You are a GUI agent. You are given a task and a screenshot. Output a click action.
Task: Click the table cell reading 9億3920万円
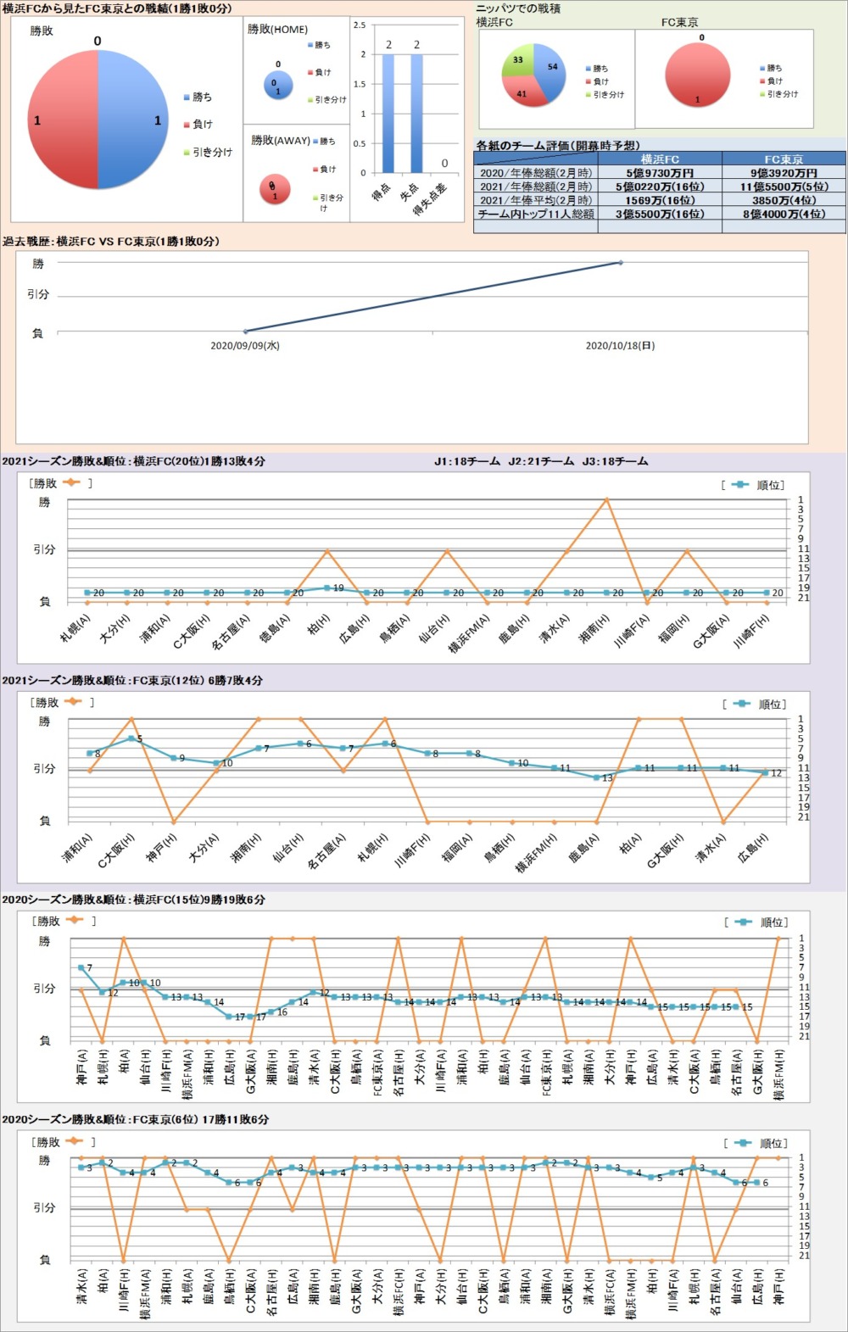tap(784, 173)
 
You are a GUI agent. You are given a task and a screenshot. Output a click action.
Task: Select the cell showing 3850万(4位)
tap(784, 200)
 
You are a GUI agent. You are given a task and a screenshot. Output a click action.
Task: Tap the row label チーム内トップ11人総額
tap(536, 215)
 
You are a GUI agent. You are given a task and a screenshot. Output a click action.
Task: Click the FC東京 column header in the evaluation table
tap(784, 159)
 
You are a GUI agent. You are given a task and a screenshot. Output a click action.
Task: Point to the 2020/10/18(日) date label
tap(620, 346)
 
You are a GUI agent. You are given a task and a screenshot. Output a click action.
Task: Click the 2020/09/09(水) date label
tap(245, 346)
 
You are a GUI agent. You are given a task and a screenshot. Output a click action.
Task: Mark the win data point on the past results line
tap(621, 263)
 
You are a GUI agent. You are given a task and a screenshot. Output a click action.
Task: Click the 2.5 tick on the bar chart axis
tap(360, 25)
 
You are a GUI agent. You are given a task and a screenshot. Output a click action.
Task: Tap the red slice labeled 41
tap(521, 93)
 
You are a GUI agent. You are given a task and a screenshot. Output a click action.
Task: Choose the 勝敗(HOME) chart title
tap(277, 30)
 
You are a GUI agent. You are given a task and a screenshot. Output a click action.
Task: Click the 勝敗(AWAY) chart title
tap(280, 141)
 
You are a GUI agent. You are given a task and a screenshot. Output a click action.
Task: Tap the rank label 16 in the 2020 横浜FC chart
tap(282, 1012)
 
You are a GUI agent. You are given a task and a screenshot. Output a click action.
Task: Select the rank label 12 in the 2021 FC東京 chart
tap(776, 773)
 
